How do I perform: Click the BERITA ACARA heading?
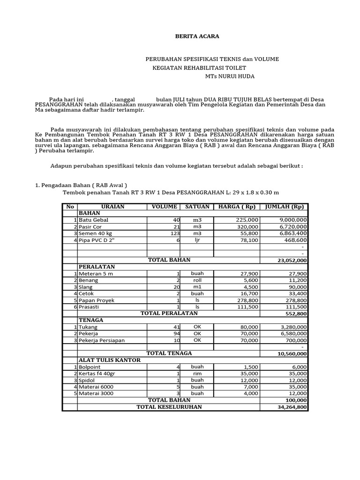point(190,36)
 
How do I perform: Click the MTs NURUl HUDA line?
point(230,76)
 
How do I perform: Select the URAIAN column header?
point(112,207)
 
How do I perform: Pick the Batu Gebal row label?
point(94,220)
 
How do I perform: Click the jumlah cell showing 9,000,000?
point(293,220)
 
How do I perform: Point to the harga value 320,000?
point(247,226)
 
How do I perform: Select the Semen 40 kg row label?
point(96,233)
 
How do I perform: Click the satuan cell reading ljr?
point(197,240)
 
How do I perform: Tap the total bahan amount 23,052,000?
point(292,260)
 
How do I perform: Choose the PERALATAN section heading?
point(97,267)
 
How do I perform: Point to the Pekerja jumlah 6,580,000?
point(293,333)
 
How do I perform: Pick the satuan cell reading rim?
point(197,374)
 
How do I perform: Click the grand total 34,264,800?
point(292,407)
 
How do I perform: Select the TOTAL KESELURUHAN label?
point(169,407)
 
